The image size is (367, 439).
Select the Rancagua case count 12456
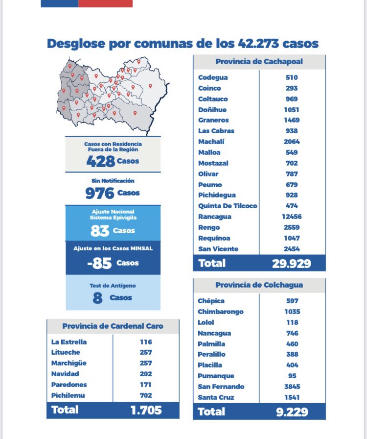coord(292,217)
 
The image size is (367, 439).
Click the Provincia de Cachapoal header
coord(259,62)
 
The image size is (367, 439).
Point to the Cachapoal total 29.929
coord(292,264)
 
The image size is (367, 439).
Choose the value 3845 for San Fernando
coord(292,387)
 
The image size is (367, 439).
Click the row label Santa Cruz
coord(216,397)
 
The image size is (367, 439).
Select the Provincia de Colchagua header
coord(259,285)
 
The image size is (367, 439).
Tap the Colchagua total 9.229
coord(292,412)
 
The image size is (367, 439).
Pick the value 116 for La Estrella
coord(146,342)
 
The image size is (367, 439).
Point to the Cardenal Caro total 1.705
coord(146,410)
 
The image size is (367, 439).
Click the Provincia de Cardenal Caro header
coord(113,326)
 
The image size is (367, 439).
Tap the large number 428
coord(101,161)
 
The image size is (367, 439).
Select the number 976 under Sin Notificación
coord(100,193)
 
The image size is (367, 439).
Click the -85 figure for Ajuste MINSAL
coord(99,263)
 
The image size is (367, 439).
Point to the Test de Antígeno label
coord(113,286)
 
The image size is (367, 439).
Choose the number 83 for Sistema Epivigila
coord(100,231)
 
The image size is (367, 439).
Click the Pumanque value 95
coord(292,376)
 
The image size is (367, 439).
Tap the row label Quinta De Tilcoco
coord(228,206)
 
